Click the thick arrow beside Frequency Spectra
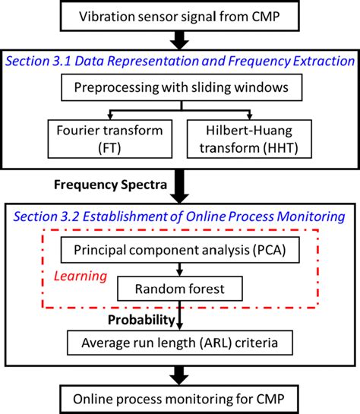tap(181, 185)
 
